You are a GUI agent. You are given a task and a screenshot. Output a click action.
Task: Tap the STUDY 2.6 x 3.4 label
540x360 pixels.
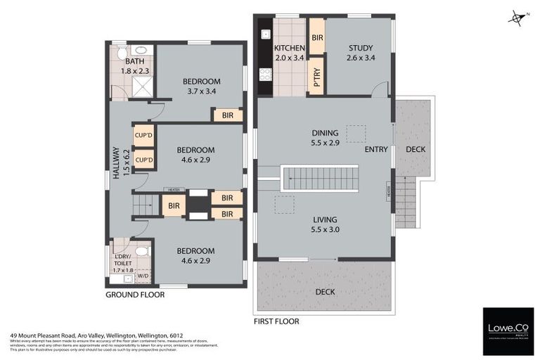pos(360,53)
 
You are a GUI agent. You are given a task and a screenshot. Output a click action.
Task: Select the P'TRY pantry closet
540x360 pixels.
pos(316,75)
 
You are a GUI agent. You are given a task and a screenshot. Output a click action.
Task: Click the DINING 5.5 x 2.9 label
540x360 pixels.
pos(326,137)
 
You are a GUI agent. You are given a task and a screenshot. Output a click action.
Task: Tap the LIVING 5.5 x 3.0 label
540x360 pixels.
pos(326,224)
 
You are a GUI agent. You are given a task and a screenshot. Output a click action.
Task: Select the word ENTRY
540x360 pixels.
pos(376,150)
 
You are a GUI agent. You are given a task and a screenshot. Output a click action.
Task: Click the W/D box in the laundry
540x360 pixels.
pos(143,276)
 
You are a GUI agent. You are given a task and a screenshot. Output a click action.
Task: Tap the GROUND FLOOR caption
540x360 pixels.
pos(135,295)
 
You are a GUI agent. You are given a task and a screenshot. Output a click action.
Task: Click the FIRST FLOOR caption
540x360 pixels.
pos(276,321)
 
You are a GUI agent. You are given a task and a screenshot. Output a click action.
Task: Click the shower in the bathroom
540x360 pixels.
pos(143,86)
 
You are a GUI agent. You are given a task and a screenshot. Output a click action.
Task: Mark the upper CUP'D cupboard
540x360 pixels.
pos(143,135)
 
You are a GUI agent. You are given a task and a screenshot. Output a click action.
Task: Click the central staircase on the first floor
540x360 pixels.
pos(321,178)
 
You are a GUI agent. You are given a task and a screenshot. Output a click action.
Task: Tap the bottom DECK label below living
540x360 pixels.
pos(325,291)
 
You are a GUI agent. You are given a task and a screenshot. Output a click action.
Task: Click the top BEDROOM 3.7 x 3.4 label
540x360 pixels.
pos(200,86)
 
